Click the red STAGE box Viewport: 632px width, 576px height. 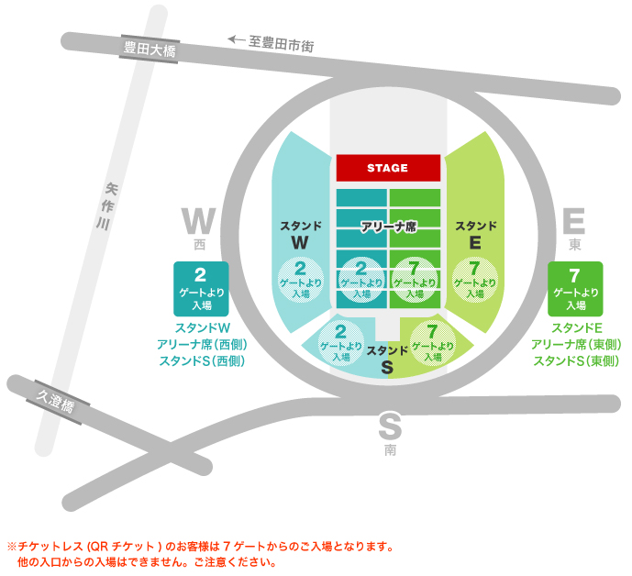pyautogui.click(x=387, y=168)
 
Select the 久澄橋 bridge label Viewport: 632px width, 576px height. pyautogui.click(x=58, y=399)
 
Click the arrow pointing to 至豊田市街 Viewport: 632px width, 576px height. pyautogui.click(x=237, y=40)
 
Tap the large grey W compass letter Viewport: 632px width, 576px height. pyautogui.click(x=198, y=222)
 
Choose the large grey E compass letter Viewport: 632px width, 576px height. pyautogui.click(x=574, y=222)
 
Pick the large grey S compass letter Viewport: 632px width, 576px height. pyautogui.click(x=391, y=427)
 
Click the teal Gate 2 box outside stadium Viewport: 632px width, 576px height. pyautogui.click(x=200, y=288)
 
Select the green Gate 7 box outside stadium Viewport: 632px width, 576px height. pyautogui.click(x=575, y=288)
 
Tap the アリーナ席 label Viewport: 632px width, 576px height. pyautogui.click(x=389, y=227)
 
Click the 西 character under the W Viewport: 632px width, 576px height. pyautogui.click(x=199, y=246)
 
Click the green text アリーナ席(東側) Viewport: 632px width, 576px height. pyautogui.click(x=576, y=345)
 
